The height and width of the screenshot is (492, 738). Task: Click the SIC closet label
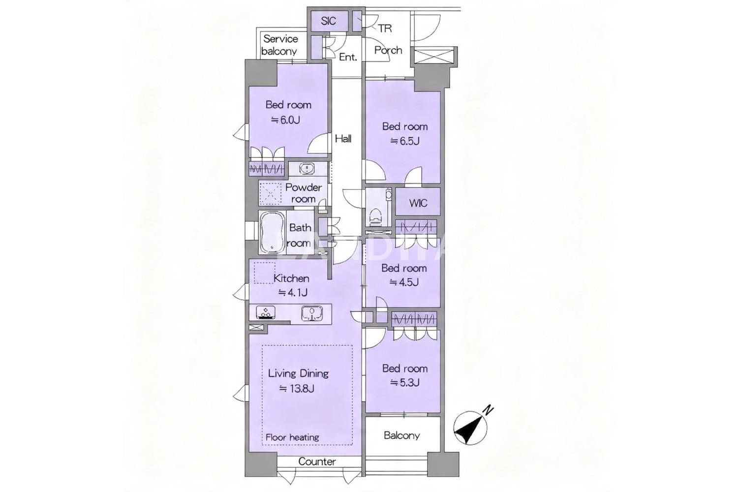pyautogui.click(x=329, y=21)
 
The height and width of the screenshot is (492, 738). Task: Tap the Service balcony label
pyautogui.click(x=280, y=45)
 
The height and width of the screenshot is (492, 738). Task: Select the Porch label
pyautogui.click(x=388, y=50)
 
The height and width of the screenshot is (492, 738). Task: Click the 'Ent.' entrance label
pyautogui.click(x=348, y=57)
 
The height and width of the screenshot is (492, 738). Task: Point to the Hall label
pyautogui.click(x=343, y=138)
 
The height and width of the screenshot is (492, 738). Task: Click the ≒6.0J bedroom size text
pyautogui.click(x=285, y=120)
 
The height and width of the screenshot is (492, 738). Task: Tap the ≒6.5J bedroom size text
pyautogui.click(x=405, y=141)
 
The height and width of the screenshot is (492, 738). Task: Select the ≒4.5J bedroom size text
pyautogui.click(x=404, y=282)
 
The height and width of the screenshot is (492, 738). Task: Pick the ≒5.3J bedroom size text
pyautogui.click(x=405, y=382)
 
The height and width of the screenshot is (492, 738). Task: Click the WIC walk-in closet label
pyautogui.click(x=418, y=203)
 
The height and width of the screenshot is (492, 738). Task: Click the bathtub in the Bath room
pyautogui.click(x=273, y=233)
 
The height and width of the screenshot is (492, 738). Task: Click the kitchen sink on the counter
pyautogui.click(x=311, y=313)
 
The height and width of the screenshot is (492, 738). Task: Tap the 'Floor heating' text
pyautogui.click(x=292, y=437)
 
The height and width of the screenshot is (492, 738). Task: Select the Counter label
pyautogui.click(x=317, y=461)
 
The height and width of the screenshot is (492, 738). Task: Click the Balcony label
pyautogui.click(x=401, y=435)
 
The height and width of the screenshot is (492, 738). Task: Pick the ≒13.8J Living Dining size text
pyautogui.click(x=297, y=389)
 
